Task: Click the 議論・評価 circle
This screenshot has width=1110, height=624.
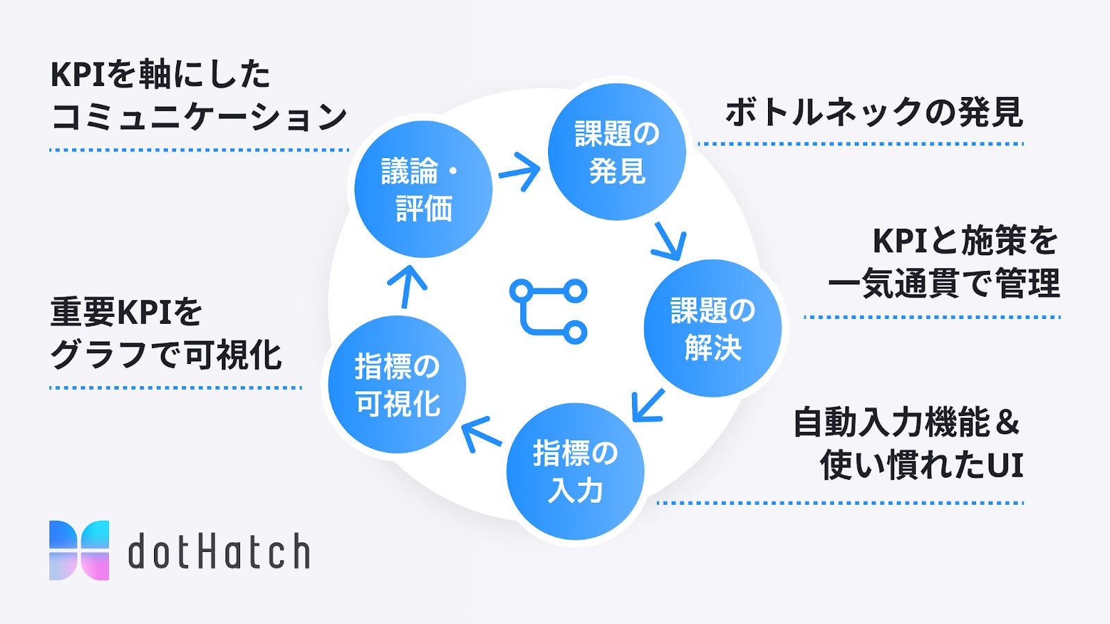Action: tap(423, 189)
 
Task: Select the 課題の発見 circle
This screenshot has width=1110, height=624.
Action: tap(617, 152)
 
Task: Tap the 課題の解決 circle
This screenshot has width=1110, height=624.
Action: tap(712, 328)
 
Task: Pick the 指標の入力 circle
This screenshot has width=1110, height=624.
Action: tap(575, 471)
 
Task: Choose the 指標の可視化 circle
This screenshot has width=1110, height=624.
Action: tap(397, 384)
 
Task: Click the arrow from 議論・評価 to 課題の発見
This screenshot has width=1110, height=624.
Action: tap(520, 171)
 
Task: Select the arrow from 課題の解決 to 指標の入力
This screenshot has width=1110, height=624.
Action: tap(648, 405)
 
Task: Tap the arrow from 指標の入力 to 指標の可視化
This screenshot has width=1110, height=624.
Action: tap(481, 433)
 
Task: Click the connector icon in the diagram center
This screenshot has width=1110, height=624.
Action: tap(548, 311)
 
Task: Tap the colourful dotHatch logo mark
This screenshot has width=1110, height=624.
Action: tap(79, 550)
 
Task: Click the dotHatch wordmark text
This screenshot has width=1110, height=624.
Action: tap(219, 551)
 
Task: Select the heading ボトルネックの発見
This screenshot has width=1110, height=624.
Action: tap(873, 112)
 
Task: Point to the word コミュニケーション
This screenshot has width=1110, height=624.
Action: tap(199, 116)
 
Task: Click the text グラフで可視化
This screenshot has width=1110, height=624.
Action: tap(166, 355)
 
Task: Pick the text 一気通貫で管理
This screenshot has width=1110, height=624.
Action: tap(943, 284)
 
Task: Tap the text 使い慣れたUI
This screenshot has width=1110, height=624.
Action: tap(921, 465)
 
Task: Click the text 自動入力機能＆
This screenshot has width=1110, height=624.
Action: tap(906, 423)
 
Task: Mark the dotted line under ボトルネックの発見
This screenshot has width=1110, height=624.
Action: tap(860, 144)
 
